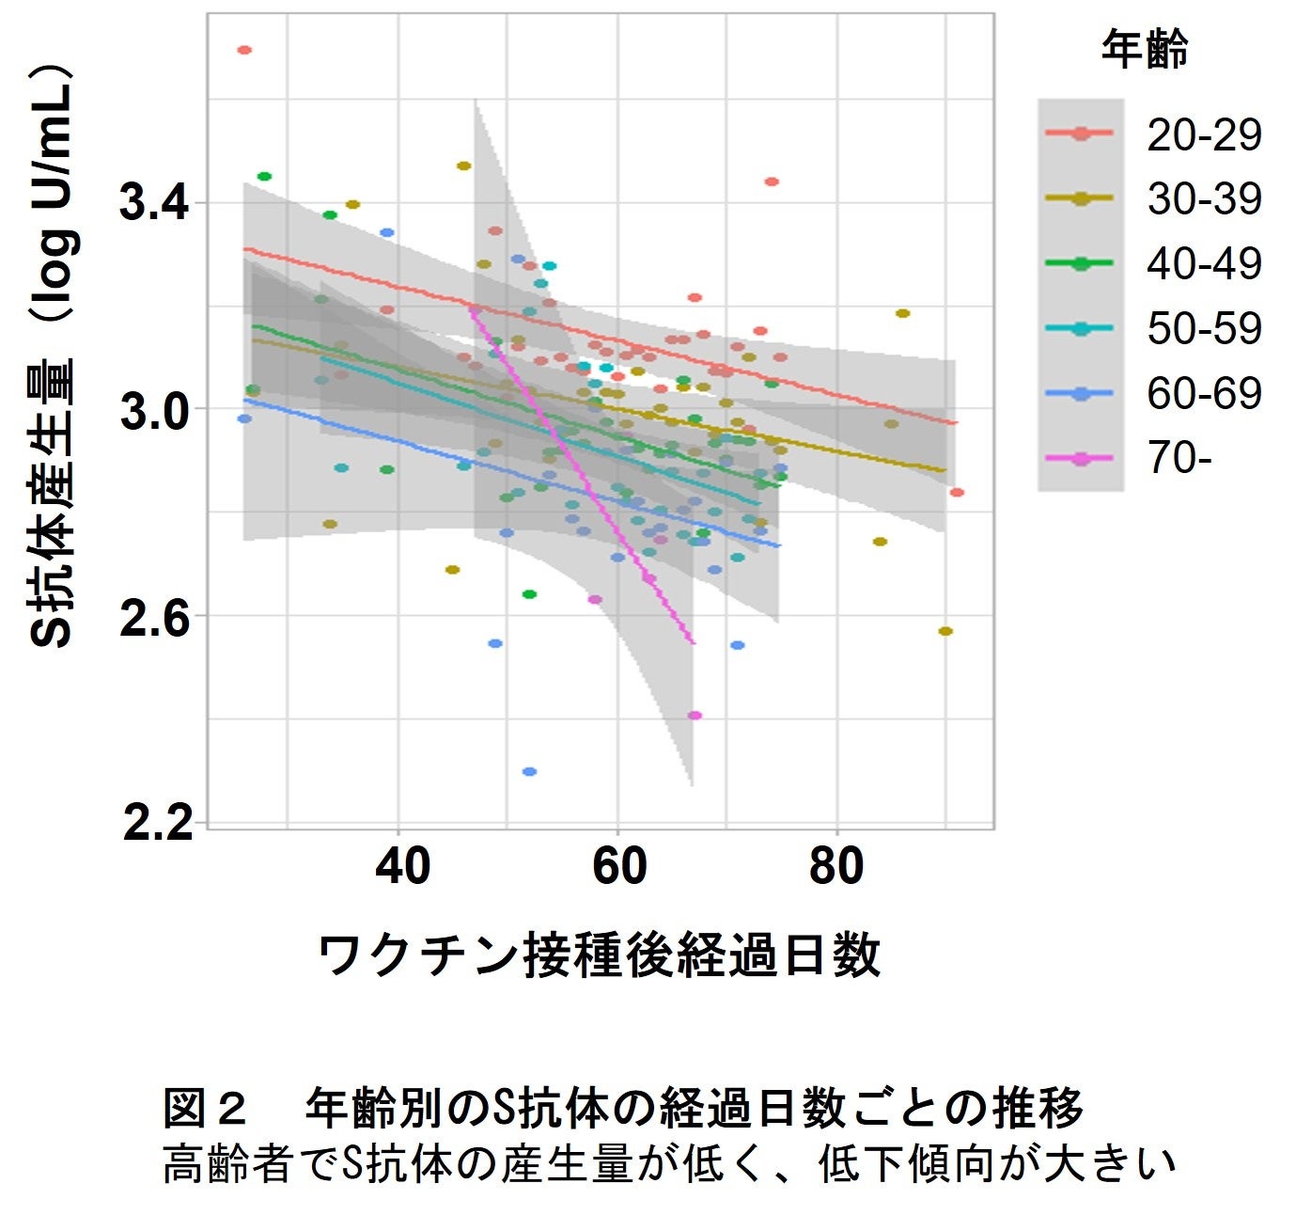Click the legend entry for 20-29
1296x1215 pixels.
[x=1203, y=135]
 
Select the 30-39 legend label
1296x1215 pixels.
[x=1203, y=199]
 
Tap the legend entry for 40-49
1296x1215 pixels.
[x=1203, y=264]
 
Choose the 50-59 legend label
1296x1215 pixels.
[x=1203, y=328]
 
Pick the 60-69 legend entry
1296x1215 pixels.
[x=1203, y=393]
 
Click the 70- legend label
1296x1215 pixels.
[x=1179, y=458]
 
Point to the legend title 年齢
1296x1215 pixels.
[x=1144, y=49]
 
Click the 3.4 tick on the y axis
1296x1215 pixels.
[x=155, y=203]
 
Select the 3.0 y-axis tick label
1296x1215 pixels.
[x=155, y=411]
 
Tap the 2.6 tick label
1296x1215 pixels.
[x=155, y=618]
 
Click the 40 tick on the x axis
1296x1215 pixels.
[x=402, y=865]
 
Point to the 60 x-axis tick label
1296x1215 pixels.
[x=619, y=865]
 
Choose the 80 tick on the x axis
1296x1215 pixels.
[x=836, y=865]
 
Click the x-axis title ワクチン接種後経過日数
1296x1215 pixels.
[x=600, y=955]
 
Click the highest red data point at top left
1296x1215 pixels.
[x=244, y=50]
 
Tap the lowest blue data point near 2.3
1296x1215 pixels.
[x=529, y=771]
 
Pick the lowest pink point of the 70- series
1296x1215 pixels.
[x=695, y=716]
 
